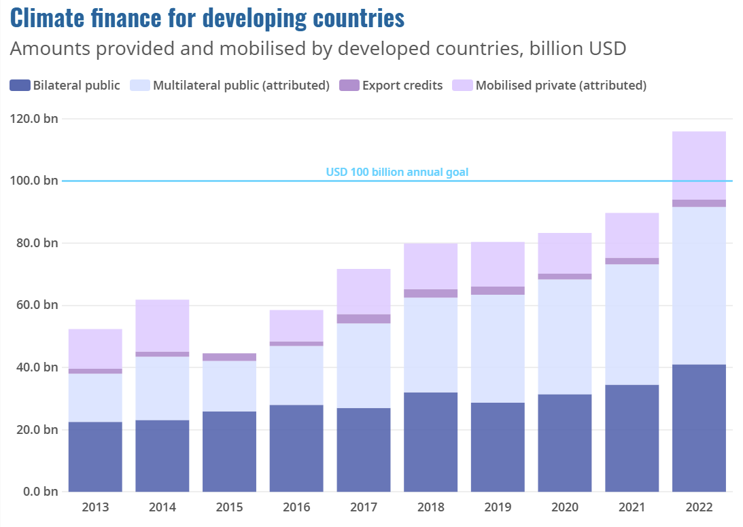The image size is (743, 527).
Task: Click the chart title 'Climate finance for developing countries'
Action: click(x=207, y=18)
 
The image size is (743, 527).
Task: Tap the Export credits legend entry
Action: click(x=402, y=86)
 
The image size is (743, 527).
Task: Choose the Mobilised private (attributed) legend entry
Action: click(x=560, y=86)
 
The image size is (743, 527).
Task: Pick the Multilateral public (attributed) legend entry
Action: click(x=241, y=86)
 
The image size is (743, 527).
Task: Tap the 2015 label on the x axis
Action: click(x=229, y=507)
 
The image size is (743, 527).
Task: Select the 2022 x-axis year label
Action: click(x=699, y=507)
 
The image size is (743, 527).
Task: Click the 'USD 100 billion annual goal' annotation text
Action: click(x=397, y=172)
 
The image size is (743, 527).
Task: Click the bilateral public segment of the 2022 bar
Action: click(x=699, y=428)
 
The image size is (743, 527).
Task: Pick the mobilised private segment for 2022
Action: click(x=699, y=165)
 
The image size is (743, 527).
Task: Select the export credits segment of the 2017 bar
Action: click(x=364, y=319)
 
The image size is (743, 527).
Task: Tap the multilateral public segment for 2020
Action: click(x=565, y=337)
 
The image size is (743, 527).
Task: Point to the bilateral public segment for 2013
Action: click(x=95, y=456)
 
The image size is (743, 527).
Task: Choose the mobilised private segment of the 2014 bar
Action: click(x=162, y=325)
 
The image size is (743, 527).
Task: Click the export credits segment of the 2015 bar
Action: click(x=229, y=357)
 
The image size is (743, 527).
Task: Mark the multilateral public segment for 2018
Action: click(x=430, y=345)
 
